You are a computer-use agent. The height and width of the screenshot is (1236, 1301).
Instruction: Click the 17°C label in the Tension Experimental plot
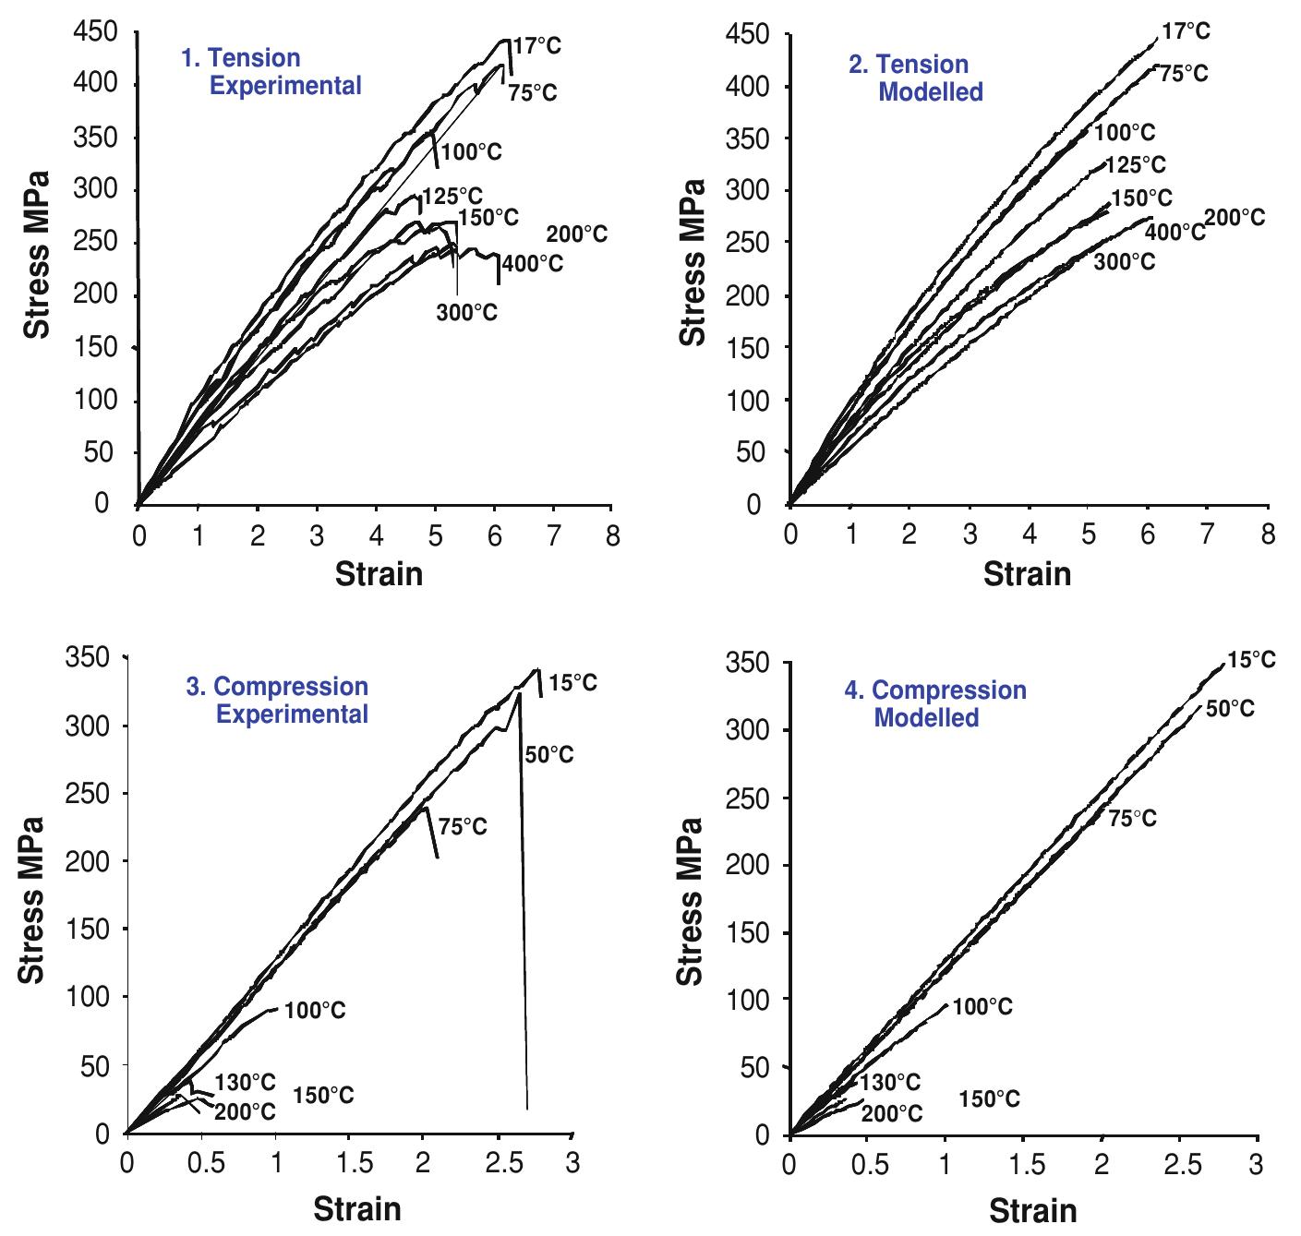[536, 45]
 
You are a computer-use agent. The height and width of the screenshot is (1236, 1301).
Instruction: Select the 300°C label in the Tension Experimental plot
[467, 313]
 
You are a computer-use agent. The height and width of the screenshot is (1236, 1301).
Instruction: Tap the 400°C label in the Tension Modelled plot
[1175, 232]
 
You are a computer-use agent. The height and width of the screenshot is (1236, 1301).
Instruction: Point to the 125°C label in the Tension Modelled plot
[1136, 164]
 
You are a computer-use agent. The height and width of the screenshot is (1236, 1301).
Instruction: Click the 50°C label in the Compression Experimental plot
[549, 755]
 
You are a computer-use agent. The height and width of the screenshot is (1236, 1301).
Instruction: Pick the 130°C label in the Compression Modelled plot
[890, 1082]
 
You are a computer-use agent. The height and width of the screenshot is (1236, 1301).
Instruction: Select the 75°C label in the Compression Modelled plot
[1132, 818]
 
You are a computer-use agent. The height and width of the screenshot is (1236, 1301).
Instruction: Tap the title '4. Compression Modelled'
[934, 703]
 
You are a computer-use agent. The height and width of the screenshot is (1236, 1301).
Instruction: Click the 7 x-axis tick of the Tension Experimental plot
[552, 536]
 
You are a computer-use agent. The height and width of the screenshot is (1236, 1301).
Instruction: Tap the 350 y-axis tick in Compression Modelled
[749, 663]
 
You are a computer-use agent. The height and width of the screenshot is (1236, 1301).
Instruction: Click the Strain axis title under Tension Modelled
[1027, 574]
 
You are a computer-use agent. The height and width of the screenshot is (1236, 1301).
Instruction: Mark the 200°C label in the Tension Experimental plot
[577, 234]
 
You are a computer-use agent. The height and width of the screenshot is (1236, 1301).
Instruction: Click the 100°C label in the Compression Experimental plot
[315, 1011]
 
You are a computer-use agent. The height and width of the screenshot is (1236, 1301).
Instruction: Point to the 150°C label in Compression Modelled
[989, 1098]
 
